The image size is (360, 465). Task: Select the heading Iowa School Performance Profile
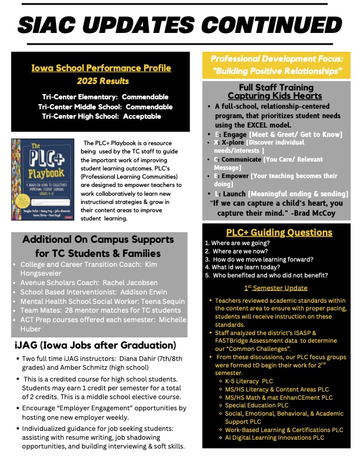click(101, 68)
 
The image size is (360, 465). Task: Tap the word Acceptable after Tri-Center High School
click(139, 116)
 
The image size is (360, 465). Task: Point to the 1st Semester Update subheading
click(276, 287)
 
